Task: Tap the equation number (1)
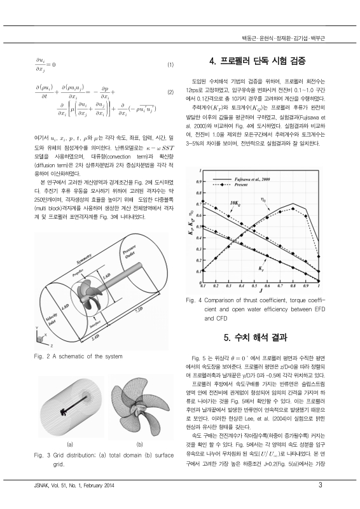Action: tap(170, 65)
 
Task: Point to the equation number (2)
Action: tap(170, 92)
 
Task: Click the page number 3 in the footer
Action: tap(321, 487)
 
